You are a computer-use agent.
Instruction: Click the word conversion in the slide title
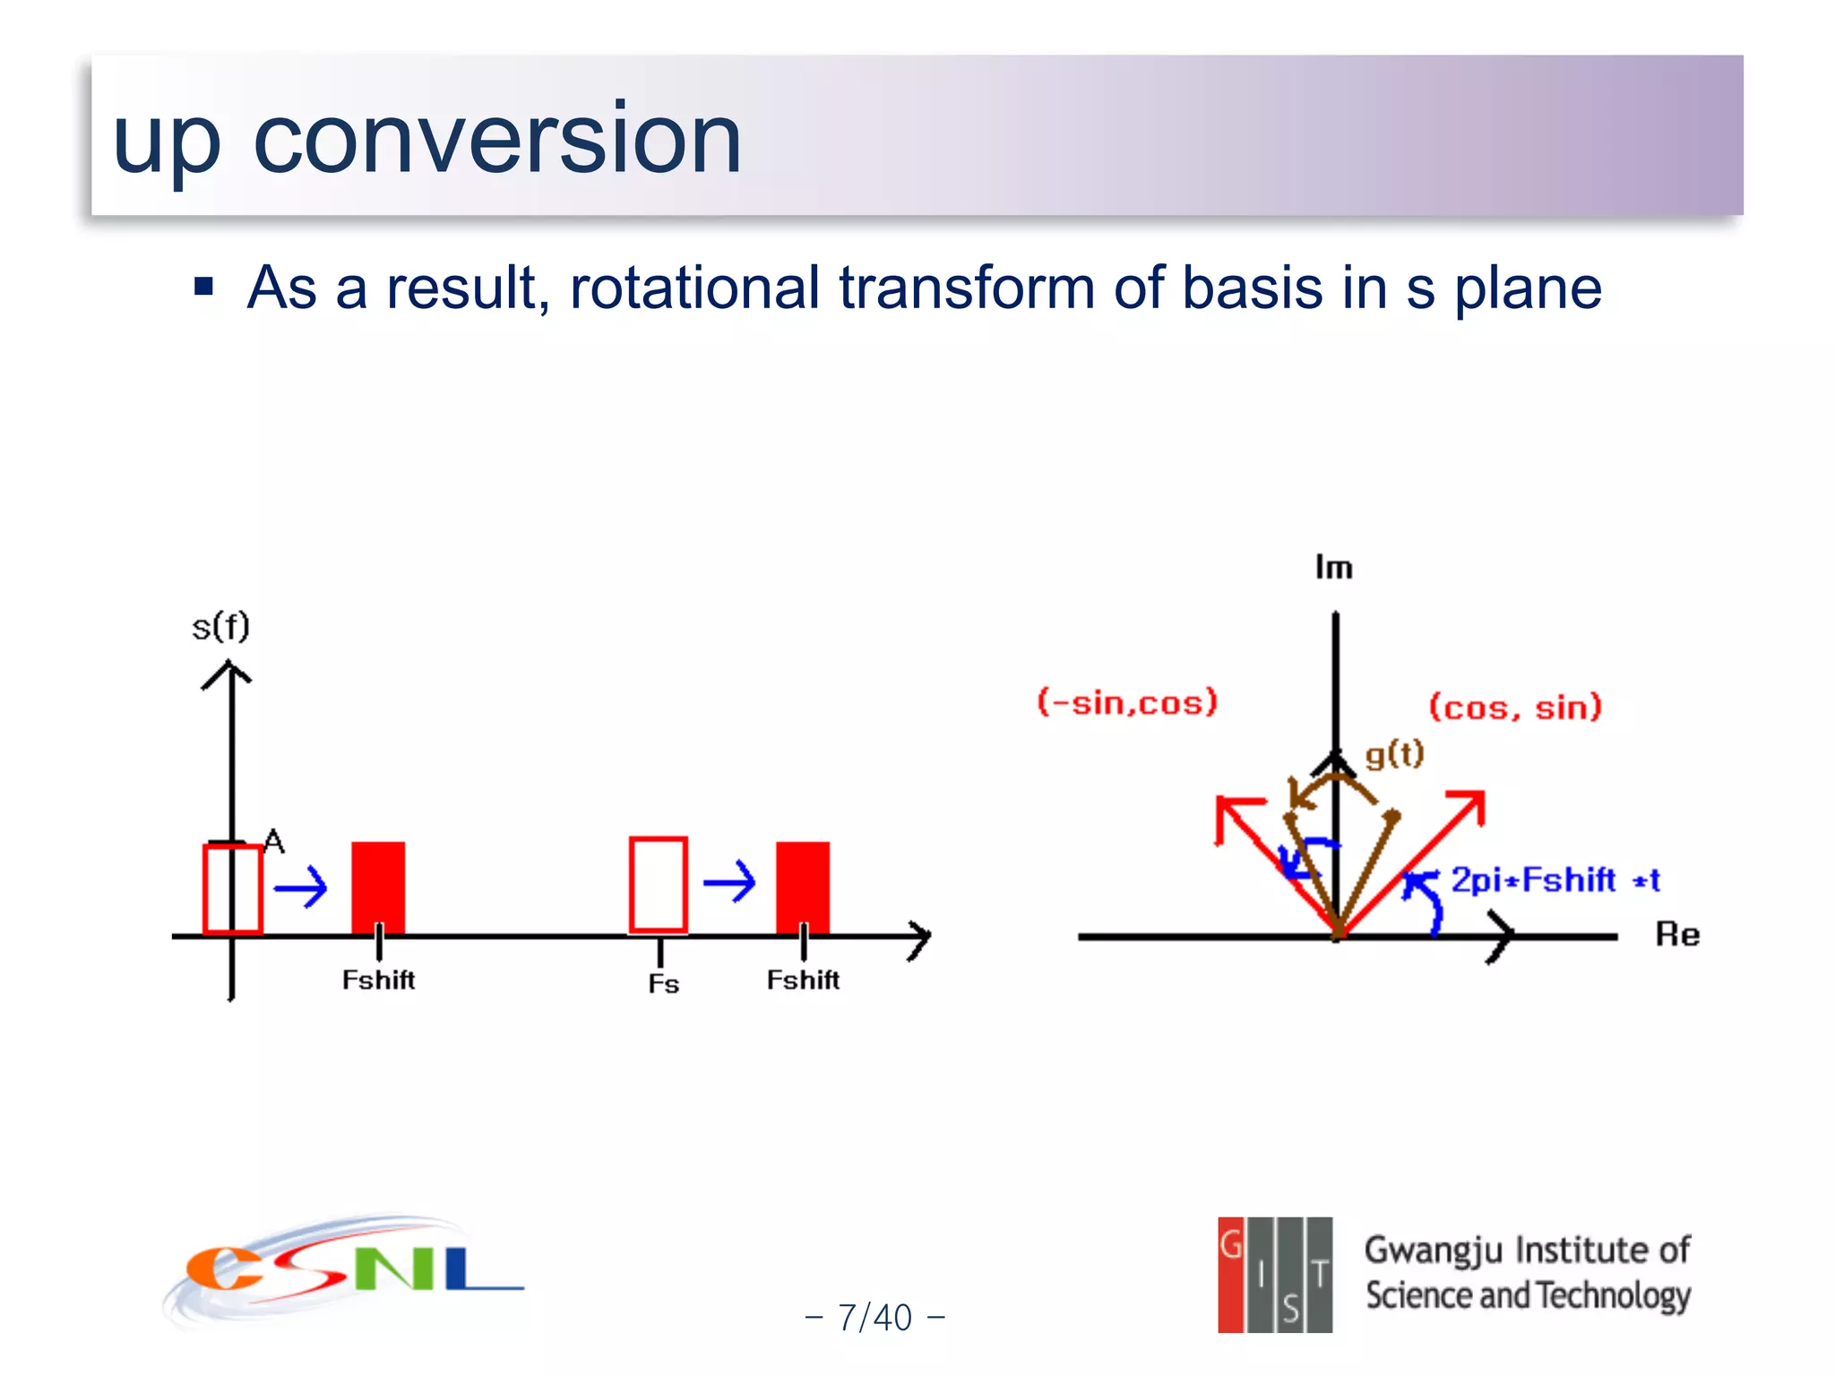point(497,139)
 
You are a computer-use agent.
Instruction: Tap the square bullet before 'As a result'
point(204,287)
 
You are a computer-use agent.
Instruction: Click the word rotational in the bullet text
point(694,288)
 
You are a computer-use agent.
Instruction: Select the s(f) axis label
point(220,626)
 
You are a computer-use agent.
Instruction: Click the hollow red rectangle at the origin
point(232,889)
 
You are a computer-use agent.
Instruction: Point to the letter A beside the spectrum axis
point(274,841)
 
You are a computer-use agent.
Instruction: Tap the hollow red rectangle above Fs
point(659,884)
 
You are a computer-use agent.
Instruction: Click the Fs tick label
point(663,984)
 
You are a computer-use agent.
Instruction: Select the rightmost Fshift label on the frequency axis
point(803,980)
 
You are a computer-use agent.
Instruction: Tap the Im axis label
point(1333,567)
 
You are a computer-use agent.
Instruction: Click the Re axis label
point(1676,934)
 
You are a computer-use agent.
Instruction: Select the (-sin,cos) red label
point(1127,702)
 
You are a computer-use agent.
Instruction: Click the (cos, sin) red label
point(1514,707)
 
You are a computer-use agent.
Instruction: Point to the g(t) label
point(1394,754)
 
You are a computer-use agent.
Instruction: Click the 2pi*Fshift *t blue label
point(1555,880)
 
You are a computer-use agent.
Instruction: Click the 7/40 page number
point(874,1318)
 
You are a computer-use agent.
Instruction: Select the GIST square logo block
point(1274,1275)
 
